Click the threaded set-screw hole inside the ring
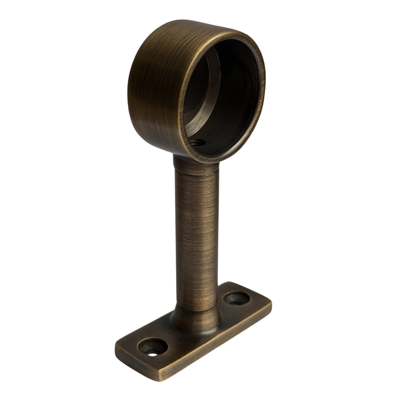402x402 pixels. coord(197,142)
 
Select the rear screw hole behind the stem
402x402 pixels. coord(236,298)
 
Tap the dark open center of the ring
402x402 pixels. coord(231,97)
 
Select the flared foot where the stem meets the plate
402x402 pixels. coord(195,320)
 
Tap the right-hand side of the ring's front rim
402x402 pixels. coord(262,86)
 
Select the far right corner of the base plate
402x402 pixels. coord(271,303)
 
